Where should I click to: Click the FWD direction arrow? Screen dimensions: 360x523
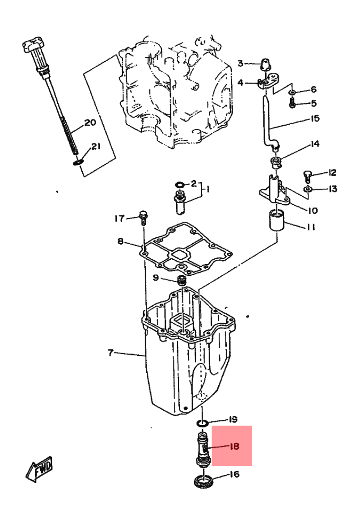[x=40, y=468]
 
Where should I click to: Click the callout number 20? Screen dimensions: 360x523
[x=90, y=123]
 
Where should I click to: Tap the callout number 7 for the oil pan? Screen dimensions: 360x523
[x=111, y=352]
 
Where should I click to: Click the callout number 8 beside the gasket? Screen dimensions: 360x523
[x=120, y=241]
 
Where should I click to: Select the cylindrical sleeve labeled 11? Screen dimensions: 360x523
[x=276, y=219]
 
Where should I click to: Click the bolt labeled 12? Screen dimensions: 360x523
[x=307, y=175]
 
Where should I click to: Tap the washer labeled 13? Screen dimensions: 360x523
[x=308, y=190]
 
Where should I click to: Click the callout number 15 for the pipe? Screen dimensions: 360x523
[x=315, y=118]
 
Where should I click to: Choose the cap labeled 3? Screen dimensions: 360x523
[x=265, y=64]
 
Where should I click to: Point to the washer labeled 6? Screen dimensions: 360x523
[x=292, y=92]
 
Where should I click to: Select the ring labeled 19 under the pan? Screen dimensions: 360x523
[x=203, y=424]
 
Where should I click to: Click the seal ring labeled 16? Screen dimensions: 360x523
[x=203, y=481]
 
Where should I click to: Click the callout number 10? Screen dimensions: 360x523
[x=313, y=211]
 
